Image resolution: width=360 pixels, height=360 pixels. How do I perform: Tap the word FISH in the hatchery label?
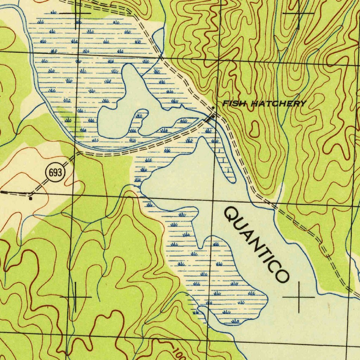coord(231,103)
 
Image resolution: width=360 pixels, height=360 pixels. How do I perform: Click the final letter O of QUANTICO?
coord(283,275)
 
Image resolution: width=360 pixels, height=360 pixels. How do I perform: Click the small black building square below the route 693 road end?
coord(31,199)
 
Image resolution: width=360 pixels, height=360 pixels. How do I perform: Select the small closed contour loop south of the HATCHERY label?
coord(254,129)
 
